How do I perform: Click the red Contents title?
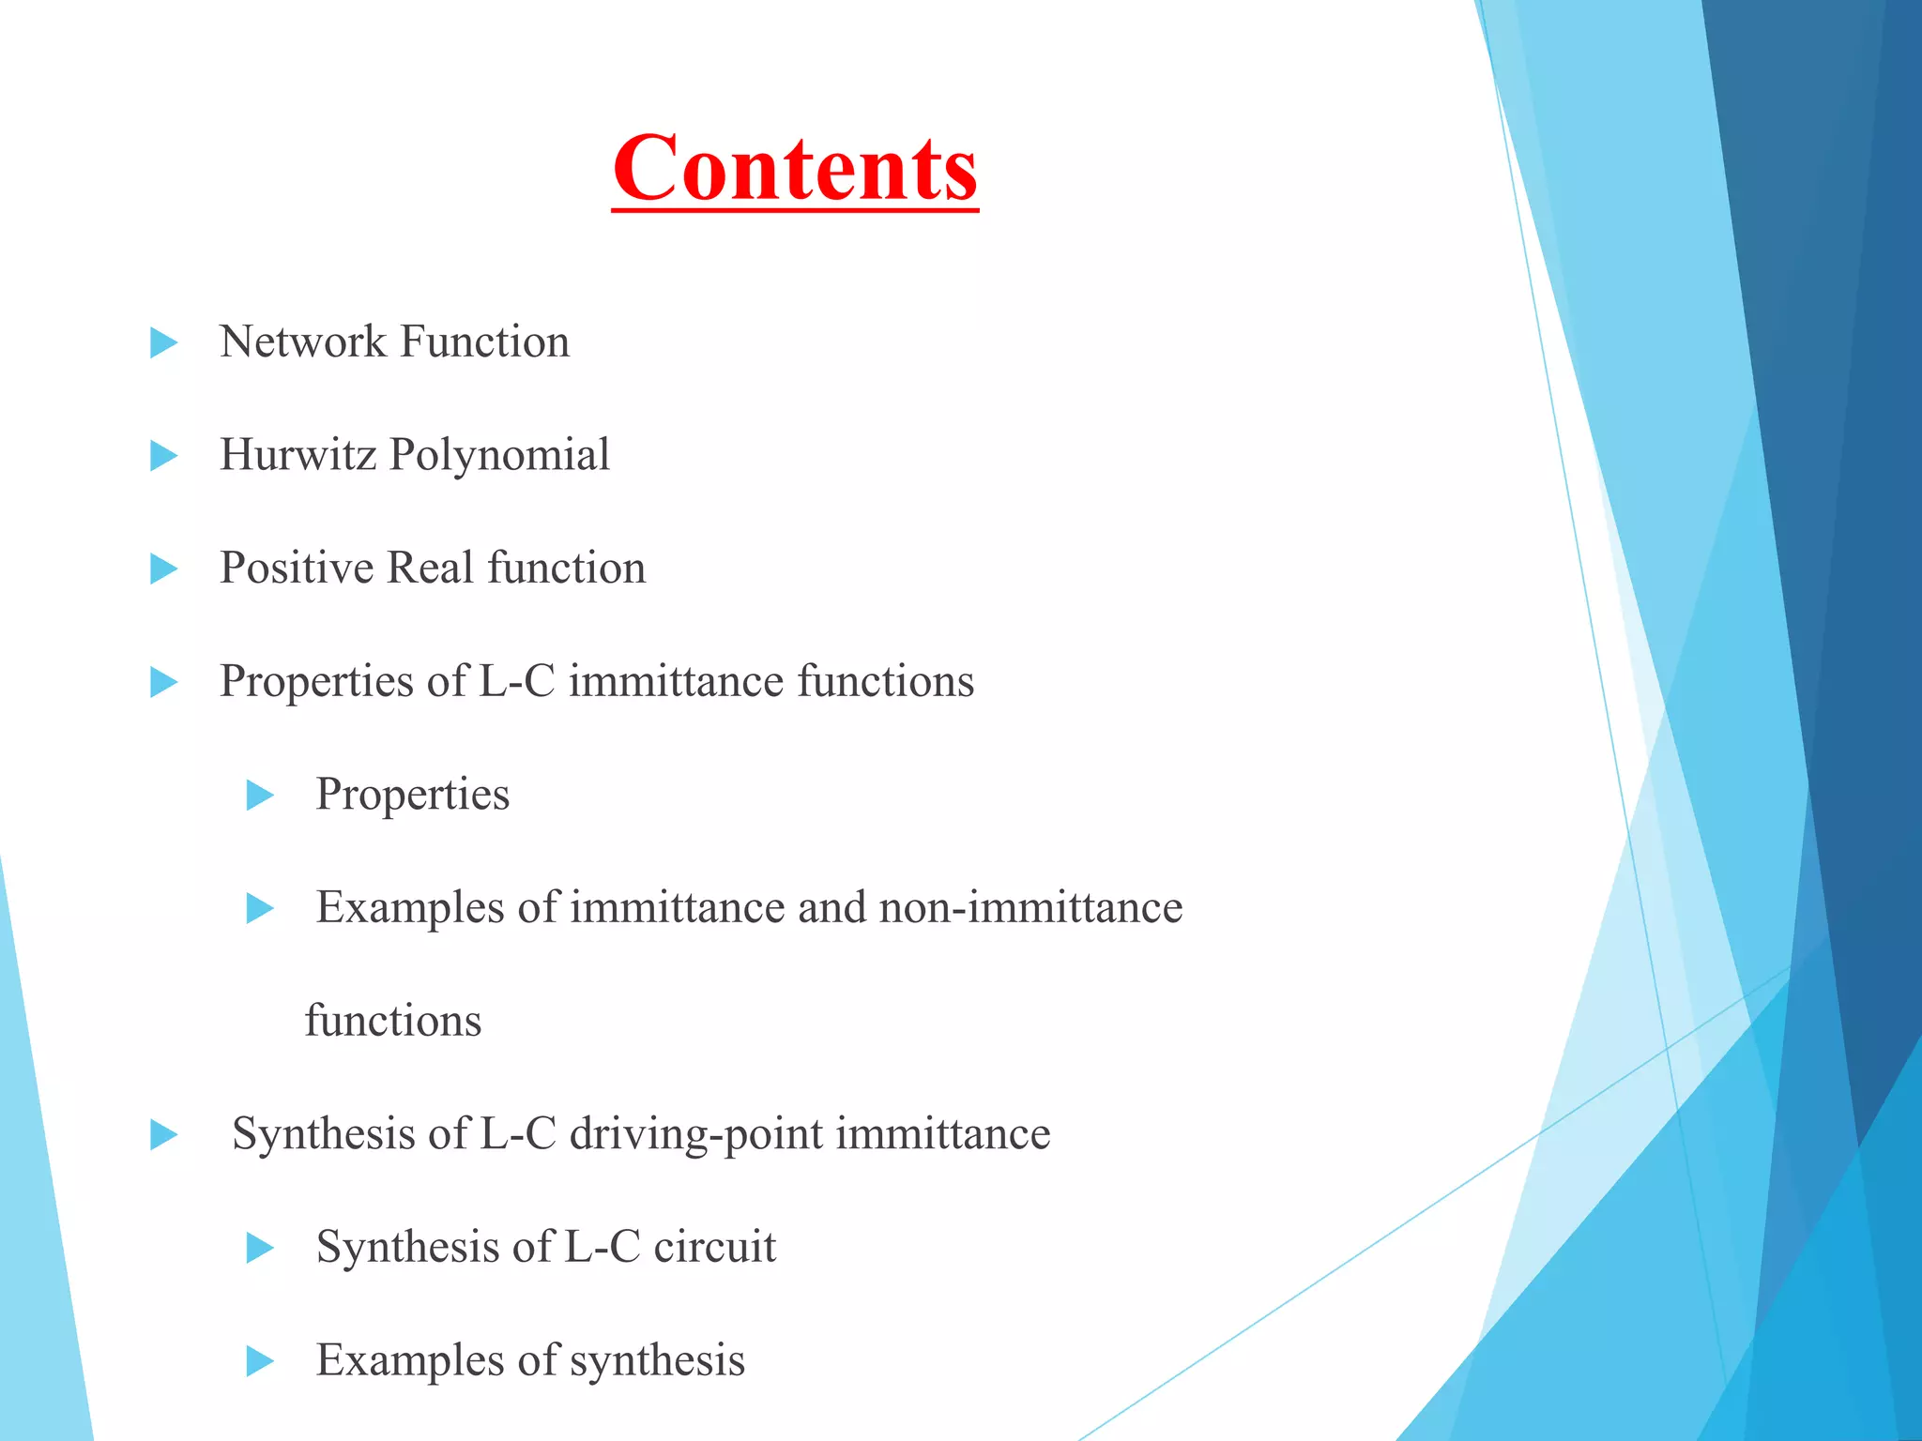click(x=795, y=169)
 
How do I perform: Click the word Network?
click(x=302, y=341)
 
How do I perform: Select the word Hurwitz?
click(x=297, y=455)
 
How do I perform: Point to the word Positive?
click(x=297, y=569)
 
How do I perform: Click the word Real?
click(x=430, y=569)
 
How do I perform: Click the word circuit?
click(x=715, y=1247)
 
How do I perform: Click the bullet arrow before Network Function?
click(x=164, y=343)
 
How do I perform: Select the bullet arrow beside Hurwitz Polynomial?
click(x=164, y=457)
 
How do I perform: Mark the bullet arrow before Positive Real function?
click(x=164, y=569)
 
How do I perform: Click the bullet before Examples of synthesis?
click(x=260, y=1361)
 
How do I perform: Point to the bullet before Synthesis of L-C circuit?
click(x=260, y=1249)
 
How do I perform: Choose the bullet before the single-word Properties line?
click(x=260, y=796)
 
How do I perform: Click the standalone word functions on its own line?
click(x=393, y=1021)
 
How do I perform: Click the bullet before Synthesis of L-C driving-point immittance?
click(x=164, y=1135)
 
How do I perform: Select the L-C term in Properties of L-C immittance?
click(x=517, y=681)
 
